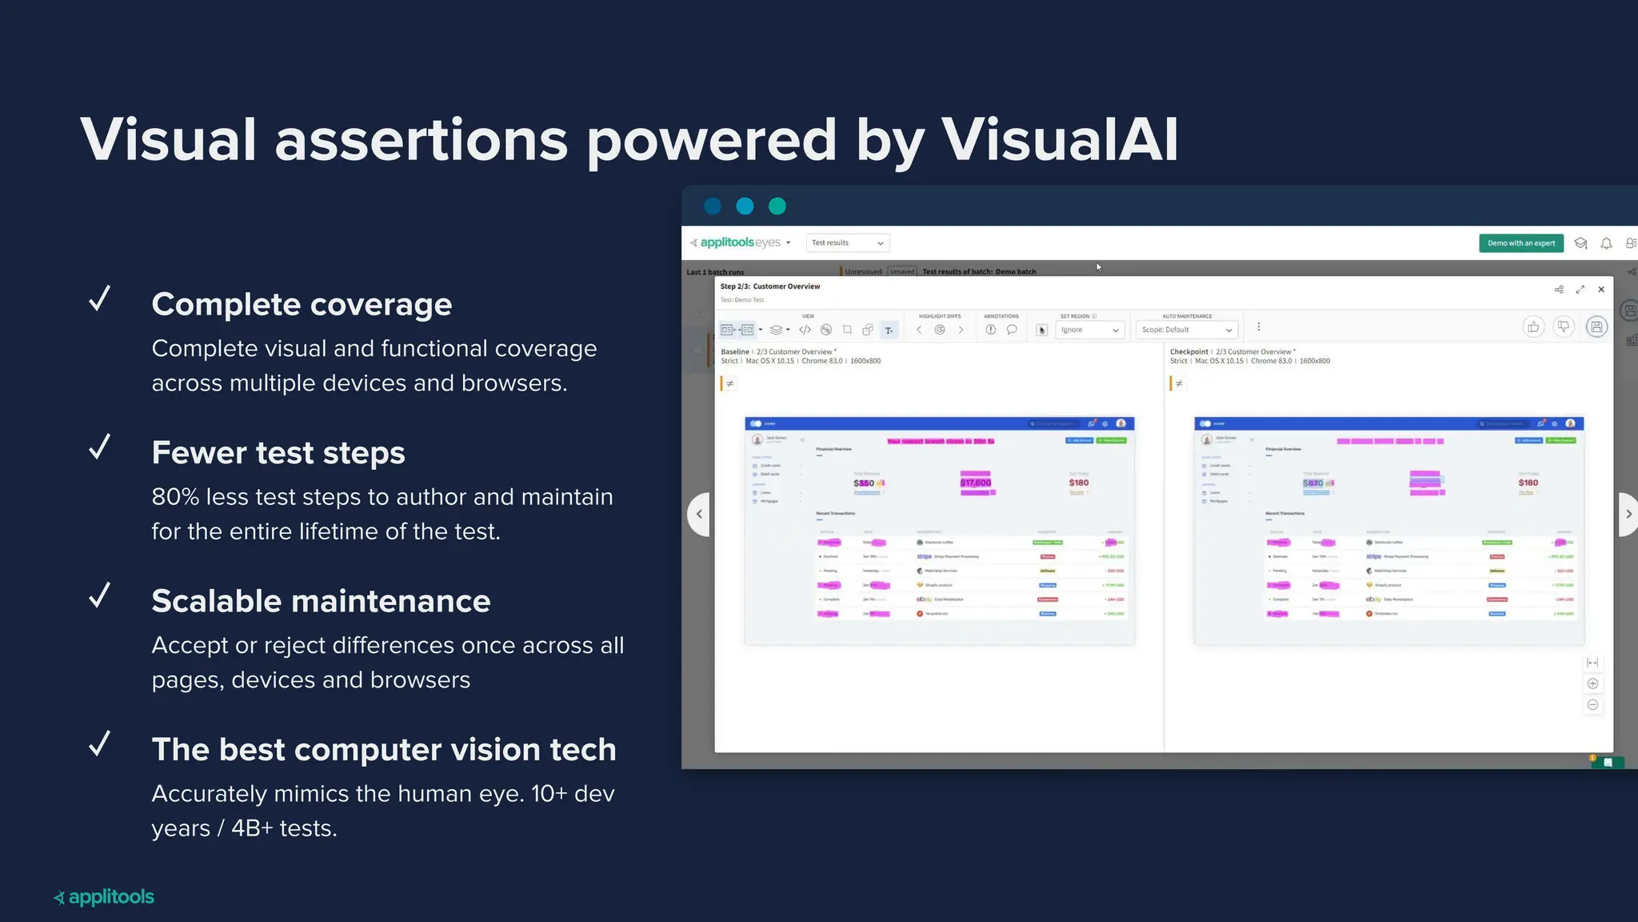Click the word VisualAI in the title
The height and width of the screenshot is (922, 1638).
pos(1059,140)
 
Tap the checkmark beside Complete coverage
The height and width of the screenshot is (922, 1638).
pos(100,299)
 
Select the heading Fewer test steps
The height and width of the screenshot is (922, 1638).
pos(278,453)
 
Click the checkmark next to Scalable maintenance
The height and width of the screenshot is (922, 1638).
pos(100,595)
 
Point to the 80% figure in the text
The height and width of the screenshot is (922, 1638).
pos(175,497)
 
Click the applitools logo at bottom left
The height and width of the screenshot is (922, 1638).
pos(104,897)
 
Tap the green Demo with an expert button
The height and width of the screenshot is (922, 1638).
pos(1520,243)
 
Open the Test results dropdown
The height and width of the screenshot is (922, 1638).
pos(847,243)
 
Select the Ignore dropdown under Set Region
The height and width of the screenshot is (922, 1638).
pos(1089,330)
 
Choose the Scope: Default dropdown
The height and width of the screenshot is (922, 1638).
pos(1187,330)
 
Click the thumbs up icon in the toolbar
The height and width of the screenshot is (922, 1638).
pos(1533,327)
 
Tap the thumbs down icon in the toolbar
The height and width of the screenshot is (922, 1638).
pos(1564,327)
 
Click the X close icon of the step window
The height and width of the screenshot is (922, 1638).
pos(1601,290)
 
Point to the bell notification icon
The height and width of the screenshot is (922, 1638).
pos(1606,243)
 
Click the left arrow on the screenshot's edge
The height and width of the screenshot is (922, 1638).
pos(699,514)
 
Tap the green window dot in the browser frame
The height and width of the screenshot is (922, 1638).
pos(777,206)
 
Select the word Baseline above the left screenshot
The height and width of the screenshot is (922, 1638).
pos(735,351)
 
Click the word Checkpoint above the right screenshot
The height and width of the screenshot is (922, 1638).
pos(1189,351)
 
